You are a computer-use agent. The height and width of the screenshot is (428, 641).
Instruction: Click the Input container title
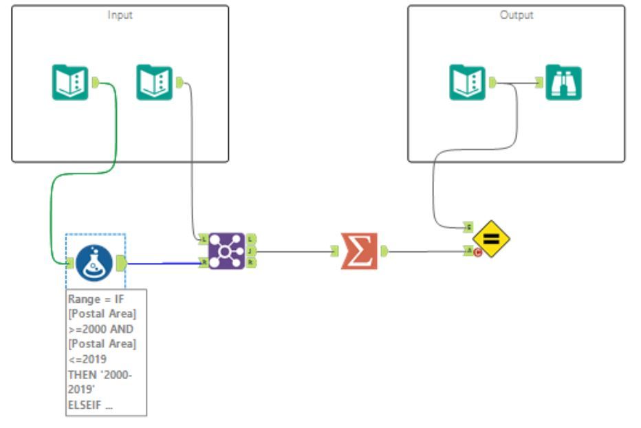(x=120, y=15)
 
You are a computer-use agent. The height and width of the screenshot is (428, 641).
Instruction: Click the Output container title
(x=516, y=15)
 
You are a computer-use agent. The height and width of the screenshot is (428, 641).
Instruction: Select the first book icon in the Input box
(x=70, y=83)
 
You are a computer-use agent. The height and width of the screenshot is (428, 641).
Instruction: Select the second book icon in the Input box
(x=154, y=83)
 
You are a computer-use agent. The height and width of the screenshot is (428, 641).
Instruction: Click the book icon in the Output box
(x=468, y=83)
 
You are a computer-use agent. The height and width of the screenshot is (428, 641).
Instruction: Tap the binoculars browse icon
(x=563, y=83)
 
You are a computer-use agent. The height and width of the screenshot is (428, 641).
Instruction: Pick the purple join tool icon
(x=226, y=251)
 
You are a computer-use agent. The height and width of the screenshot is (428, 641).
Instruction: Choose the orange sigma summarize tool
(x=359, y=251)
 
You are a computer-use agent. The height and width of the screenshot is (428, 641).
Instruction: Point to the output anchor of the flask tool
(x=120, y=263)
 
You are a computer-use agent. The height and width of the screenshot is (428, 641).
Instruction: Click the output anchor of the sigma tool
(x=384, y=251)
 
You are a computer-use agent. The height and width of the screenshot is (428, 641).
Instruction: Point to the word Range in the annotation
(x=83, y=300)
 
